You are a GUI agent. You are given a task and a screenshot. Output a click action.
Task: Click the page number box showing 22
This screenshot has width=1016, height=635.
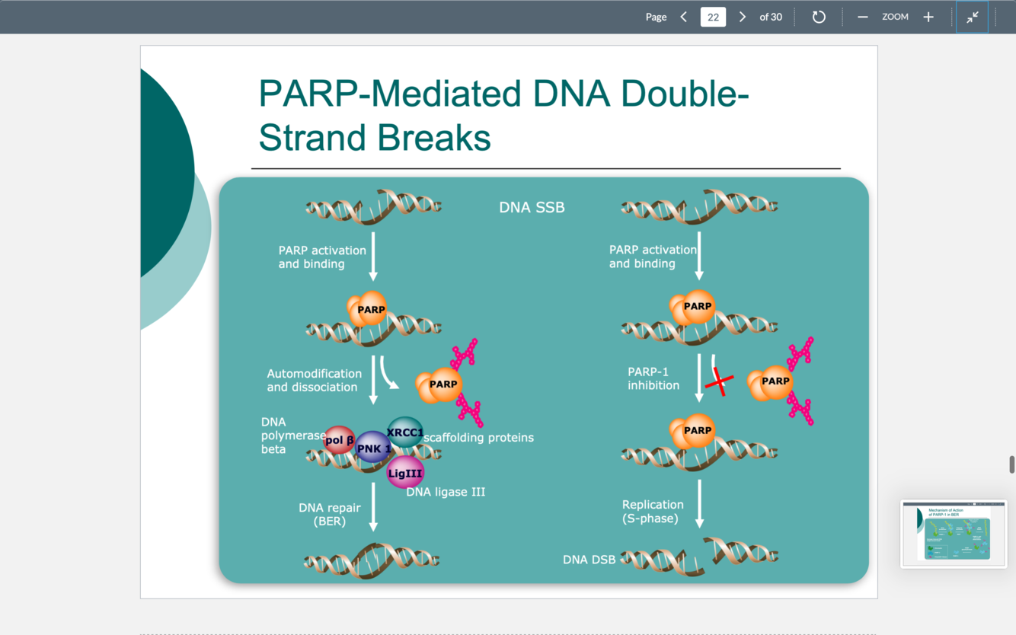click(x=713, y=17)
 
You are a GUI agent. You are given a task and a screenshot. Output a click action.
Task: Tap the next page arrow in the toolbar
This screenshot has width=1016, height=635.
click(x=743, y=17)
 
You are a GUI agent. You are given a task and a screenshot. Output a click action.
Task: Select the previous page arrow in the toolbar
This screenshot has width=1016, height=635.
click(x=683, y=17)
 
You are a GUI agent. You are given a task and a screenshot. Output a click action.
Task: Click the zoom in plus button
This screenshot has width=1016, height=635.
click(x=928, y=17)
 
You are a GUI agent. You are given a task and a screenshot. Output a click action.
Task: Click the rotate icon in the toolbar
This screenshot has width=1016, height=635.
click(x=819, y=17)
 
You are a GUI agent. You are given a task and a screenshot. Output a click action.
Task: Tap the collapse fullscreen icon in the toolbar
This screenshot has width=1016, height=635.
click(x=973, y=17)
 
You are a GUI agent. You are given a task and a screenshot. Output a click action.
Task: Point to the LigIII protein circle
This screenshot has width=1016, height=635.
click(x=405, y=473)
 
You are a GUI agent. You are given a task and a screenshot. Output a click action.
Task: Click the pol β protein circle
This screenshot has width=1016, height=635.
click(x=340, y=440)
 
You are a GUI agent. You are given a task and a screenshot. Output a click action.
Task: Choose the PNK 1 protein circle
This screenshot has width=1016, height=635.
click(x=373, y=448)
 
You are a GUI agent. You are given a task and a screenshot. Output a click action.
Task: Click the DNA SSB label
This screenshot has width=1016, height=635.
click(x=532, y=207)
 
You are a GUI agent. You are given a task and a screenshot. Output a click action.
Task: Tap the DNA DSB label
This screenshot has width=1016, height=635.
click(x=589, y=560)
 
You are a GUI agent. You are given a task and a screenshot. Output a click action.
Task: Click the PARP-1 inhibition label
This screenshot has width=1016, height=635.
click(x=653, y=378)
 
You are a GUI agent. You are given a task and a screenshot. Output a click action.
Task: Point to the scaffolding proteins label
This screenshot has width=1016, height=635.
click(x=478, y=437)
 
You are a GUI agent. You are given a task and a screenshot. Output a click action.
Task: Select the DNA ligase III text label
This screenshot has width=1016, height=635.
click(x=446, y=492)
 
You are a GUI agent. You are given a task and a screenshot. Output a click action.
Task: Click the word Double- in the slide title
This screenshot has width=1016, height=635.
click(x=684, y=93)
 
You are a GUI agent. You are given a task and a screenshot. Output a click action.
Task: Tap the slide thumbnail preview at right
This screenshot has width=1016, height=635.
click(x=954, y=533)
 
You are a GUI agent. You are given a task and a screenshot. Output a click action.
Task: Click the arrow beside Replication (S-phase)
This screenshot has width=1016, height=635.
click(x=699, y=503)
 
